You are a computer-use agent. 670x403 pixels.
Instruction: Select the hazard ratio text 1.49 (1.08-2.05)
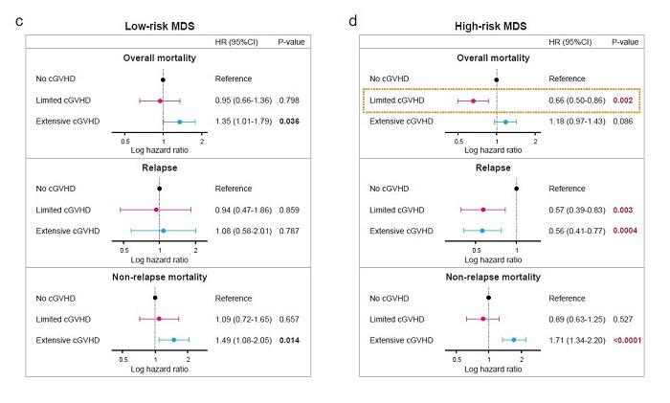[x=243, y=340]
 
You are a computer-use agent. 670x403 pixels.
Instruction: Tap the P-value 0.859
[x=289, y=210]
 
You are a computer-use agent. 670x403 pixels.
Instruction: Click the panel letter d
[x=354, y=20]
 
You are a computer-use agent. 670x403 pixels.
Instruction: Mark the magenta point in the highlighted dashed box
[x=473, y=101]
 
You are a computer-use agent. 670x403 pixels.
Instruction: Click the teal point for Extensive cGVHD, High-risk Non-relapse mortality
[x=514, y=340]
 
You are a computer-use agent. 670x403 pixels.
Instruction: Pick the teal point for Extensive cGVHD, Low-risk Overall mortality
[x=179, y=122]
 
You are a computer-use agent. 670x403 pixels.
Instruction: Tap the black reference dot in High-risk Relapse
[x=517, y=189]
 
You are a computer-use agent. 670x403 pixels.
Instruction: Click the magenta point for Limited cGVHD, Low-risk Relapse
[x=156, y=210]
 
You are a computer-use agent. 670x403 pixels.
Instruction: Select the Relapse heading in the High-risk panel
[x=497, y=167]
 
